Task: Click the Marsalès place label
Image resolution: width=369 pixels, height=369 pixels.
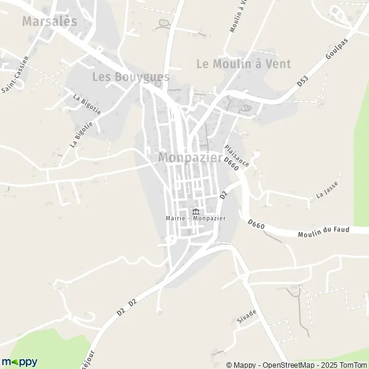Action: (50, 21)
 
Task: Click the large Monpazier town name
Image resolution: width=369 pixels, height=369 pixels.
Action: (190, 157)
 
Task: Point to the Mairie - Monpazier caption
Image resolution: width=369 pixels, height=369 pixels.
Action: (195, 218)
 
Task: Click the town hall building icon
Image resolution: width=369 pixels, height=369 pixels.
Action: (196, 211)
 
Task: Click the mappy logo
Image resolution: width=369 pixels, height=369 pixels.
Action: (19, 362)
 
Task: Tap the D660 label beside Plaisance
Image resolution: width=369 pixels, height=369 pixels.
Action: (231, 164)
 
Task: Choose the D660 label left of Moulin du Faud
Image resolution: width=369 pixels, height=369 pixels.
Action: (257, 226)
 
